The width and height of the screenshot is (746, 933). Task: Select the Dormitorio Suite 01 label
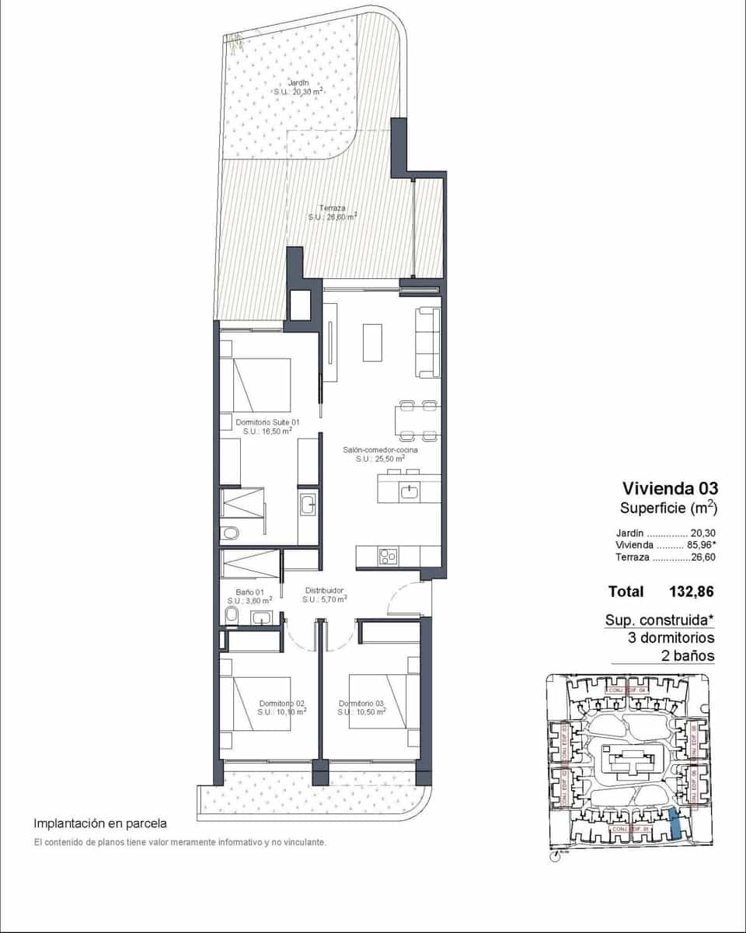click(x=267, y=421)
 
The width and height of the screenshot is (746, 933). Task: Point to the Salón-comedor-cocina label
click(x=380, y=449)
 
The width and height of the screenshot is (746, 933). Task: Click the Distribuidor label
click(x=324, y=590)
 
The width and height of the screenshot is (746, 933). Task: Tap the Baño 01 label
click(x=249, y=592)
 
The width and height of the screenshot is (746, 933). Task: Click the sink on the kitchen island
click(x=409, y=490)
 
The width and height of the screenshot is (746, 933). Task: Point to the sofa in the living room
click(x=428, y=343)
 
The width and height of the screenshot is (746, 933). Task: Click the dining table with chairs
click(x=418, y=419)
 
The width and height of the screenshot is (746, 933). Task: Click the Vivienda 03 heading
click(x=670, y=488)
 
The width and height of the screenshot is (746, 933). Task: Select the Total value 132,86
click(x=691, y=592)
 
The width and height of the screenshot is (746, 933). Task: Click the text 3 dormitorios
click(x=671, y=638)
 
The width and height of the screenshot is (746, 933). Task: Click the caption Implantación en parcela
click(x=100, y=823)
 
